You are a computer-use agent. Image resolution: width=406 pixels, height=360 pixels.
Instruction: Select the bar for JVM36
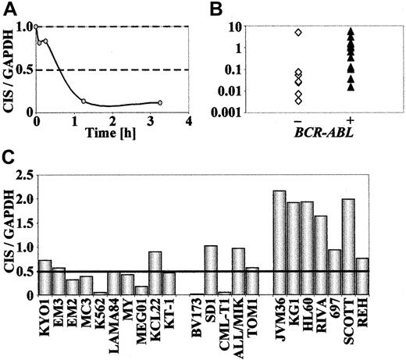(280, 243)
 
